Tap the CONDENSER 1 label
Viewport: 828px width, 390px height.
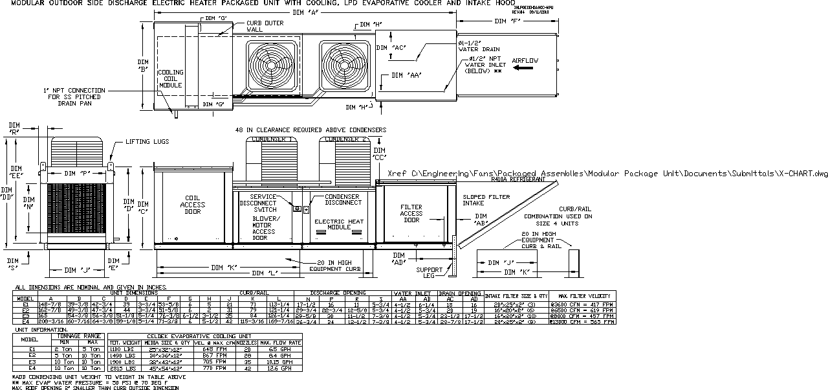[270, 139]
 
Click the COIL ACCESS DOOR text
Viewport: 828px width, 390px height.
[193, 205]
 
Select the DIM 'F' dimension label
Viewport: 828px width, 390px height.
[507, 21]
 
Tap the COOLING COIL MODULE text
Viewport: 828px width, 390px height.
[171, 78]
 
